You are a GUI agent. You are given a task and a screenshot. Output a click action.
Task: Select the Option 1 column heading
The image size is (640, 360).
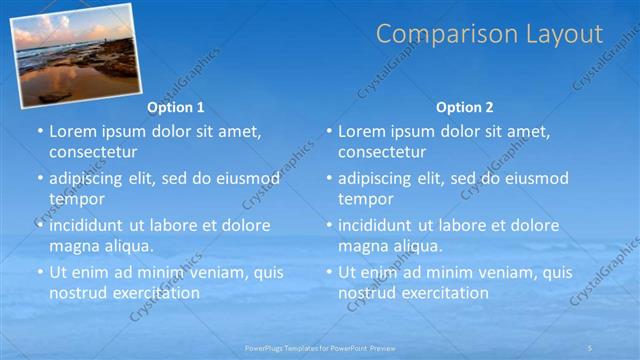pyautogui.click(x=176, y=107)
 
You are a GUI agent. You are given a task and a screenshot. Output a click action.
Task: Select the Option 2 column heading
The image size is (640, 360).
pyautogui.click(x=465, y=107)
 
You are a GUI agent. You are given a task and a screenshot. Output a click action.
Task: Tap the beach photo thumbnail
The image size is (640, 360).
pyautogui.click(x=75, y=54)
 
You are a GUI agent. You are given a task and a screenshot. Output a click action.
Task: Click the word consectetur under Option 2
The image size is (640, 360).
pyautogui.click(x=382, y=152)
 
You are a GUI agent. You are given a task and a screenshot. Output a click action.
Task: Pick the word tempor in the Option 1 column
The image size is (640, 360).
pyautogui.click(x=77, y=199)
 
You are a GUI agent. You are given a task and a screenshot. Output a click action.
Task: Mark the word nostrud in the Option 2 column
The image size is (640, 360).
pyautogui.click(x=366, y=293)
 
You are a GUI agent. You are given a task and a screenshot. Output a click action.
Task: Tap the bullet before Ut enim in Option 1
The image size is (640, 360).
pyautogui.click(x=40, y=272)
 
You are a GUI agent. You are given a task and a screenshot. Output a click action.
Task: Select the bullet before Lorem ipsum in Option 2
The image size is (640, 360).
pyautogui.click(x=329, y=131)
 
